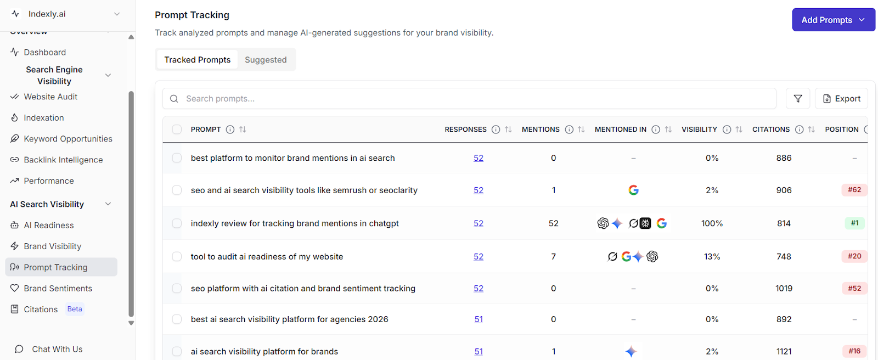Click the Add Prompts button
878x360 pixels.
coord(833,20)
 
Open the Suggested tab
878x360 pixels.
coord(266,60)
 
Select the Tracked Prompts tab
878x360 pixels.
coord(198,60)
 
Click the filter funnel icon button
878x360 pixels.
coord(798,99)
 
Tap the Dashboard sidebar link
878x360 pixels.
coord(45,52)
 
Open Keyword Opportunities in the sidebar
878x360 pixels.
coord(68,139)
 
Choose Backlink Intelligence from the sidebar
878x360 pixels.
coord(63,160)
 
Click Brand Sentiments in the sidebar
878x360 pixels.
coord(58,288)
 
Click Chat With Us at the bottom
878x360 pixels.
coord(57,349)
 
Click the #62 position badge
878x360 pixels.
coord(854,190)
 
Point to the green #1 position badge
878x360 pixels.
coord(854,223)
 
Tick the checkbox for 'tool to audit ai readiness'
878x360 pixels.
coord(177,256)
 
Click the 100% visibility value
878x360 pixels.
coord(712,223)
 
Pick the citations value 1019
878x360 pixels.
coord(784,288)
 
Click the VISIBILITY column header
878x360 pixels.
coord(699,130)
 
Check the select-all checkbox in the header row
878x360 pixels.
coord(177,130)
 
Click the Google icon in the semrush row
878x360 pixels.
coord(633,190)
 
